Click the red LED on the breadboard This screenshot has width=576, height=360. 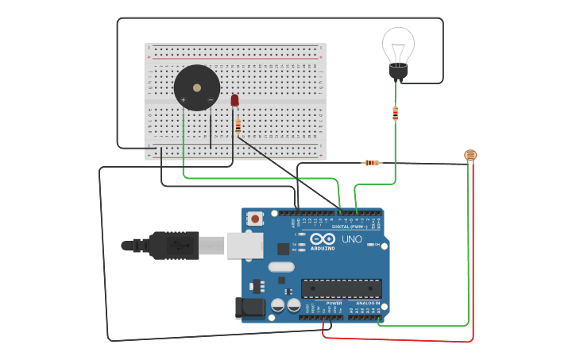234,100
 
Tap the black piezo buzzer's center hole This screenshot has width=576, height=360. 197,87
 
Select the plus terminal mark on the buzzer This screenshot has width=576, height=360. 184,100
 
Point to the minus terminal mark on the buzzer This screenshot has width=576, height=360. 210,100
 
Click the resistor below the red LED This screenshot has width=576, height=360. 238,126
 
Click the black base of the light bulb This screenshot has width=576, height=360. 398,72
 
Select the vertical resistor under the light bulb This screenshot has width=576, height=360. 396,114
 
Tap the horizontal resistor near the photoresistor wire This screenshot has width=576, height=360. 372,163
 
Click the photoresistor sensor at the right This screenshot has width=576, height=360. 470,155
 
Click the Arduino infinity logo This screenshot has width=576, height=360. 323,239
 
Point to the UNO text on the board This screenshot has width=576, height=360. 351,239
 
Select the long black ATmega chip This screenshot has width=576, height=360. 341,288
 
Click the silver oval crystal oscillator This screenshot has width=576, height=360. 281,267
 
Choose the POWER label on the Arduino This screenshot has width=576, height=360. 334,303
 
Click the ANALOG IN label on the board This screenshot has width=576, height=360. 366,303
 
